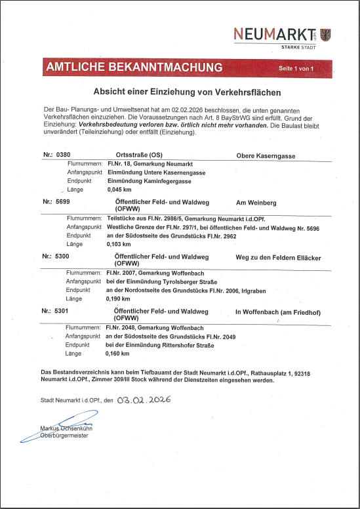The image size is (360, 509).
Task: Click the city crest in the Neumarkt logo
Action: [x=326, y=35]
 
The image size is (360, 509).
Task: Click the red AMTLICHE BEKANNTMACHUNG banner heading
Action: [x=134, y=68]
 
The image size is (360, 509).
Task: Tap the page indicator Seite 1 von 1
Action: [x=296, y=68]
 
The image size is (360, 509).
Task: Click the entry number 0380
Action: [x=63, y=155]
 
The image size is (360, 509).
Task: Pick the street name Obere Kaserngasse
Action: [x=266, y=155]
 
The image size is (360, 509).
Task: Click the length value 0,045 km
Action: [x=119, y=190]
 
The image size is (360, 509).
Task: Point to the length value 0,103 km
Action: [x=119, y=243]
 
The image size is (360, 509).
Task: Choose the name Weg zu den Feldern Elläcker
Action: [x=278, y=258]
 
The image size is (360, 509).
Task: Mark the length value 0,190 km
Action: [x=119, y=298]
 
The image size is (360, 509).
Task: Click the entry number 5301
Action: [x=63, y=312]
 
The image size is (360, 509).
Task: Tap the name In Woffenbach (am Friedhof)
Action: [x=277, y=312]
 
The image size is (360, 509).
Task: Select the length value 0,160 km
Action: [x=119, y=353]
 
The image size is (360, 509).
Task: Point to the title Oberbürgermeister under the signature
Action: [x=64, y=436]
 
